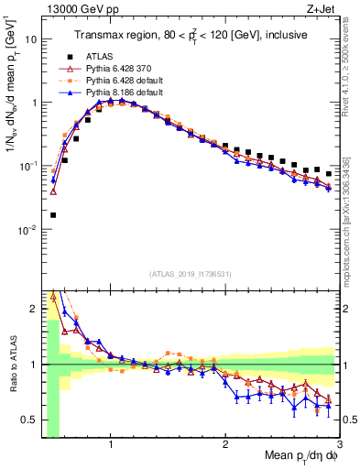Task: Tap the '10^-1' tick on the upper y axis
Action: click(x=28, y=166)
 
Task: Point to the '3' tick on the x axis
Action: click(x=339, y=447)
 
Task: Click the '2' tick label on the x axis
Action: click(x=225, y=447)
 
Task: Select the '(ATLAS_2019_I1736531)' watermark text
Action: click(x=191, y=274)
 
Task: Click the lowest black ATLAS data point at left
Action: click(x=53, y=215)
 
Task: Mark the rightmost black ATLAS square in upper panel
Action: click(x=328, y=173)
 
